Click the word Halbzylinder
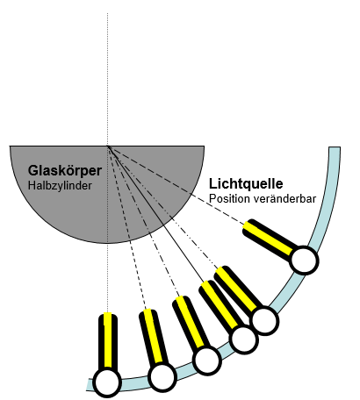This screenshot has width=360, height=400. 59,185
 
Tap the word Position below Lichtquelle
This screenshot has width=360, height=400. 229,199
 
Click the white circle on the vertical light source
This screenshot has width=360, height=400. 106,382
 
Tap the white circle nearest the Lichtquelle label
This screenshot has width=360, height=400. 303,259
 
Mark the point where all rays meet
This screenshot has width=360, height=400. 107,145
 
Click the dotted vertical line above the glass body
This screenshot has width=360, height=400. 107,70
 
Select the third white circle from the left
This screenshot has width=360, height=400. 206,361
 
